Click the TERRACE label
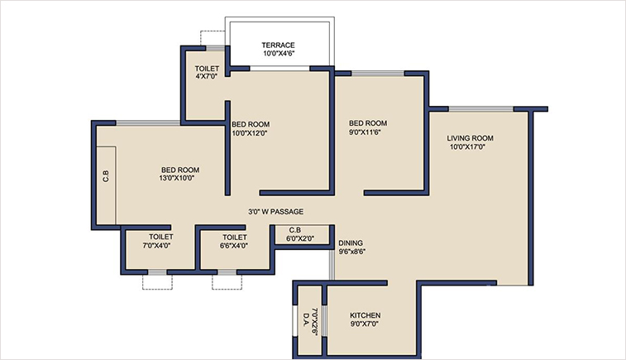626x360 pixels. click(279, 45)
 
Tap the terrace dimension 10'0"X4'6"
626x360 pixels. click(279, 53)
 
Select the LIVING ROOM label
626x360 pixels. click(470, 138)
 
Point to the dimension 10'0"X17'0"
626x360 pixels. click(470, 147)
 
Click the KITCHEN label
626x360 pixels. click(365, 316)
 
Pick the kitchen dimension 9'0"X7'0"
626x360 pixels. click(365, 325)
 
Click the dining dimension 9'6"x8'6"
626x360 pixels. click(352, 252)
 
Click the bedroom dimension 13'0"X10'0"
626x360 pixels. click(179, 178)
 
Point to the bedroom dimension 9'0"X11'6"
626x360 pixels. click(368, 132)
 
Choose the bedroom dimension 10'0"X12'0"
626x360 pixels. click(250, 132)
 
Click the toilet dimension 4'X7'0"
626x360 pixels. click(206, 77)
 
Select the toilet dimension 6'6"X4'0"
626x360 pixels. click(234, 245)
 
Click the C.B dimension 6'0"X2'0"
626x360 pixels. click(300, 238)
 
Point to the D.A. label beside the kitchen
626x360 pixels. click(305, 317)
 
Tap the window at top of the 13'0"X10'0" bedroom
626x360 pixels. click(148, 123)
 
